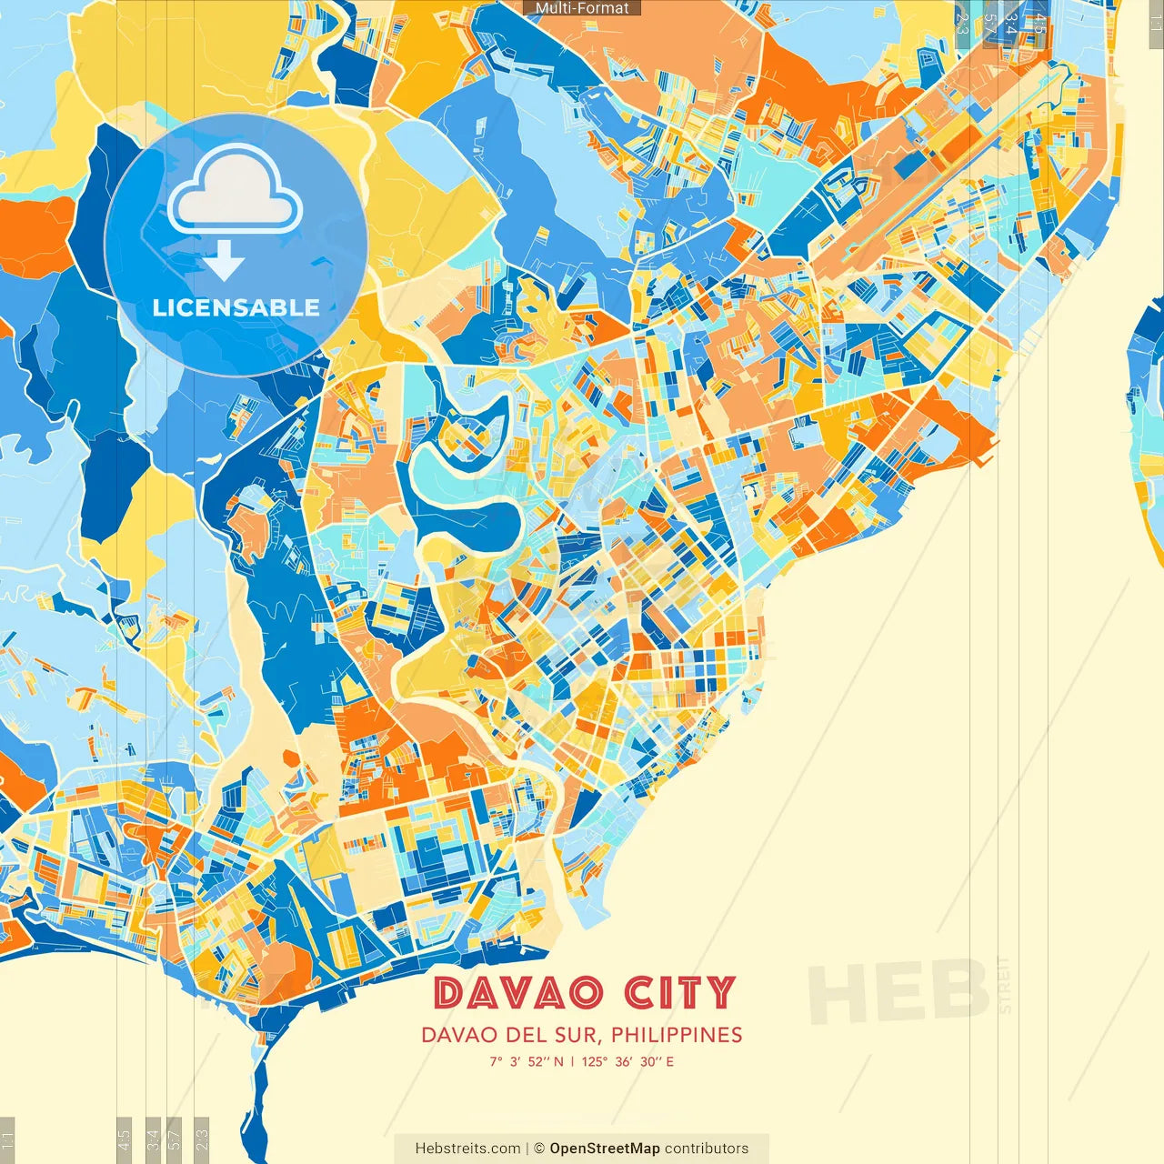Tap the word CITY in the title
click(679, 992)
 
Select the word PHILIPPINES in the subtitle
click(677, 1035)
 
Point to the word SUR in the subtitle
click(583, 1035)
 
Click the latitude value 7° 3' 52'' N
click(527, 1061)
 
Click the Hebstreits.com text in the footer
click(467, 1149)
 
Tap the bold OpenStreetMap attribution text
click(604, 1149)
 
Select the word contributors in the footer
click(707, 1149)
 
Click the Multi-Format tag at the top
click(582, 8)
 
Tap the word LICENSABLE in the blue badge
click(236, 307)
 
